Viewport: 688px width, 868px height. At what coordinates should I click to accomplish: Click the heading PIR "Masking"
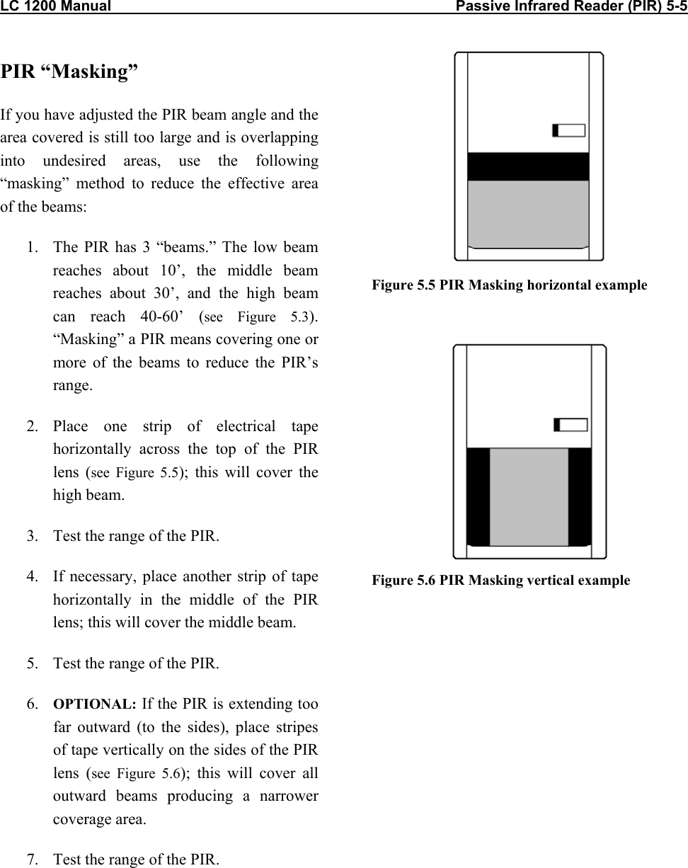[x=69, y=72]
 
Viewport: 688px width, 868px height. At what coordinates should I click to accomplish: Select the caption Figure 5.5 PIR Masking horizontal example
[x=510, y=285]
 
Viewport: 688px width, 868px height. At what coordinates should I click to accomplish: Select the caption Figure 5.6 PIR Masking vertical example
[x=501, y=581]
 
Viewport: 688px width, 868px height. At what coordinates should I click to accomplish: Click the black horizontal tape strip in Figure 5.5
[x=529, y=166]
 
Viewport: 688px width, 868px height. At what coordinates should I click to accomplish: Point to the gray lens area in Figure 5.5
[x=529, y=212]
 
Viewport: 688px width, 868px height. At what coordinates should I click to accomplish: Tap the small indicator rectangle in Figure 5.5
[x=569, y=130]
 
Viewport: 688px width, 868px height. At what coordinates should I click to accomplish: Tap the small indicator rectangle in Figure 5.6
[x=571, y=425]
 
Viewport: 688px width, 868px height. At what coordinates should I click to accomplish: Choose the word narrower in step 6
[x=285, y=796]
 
